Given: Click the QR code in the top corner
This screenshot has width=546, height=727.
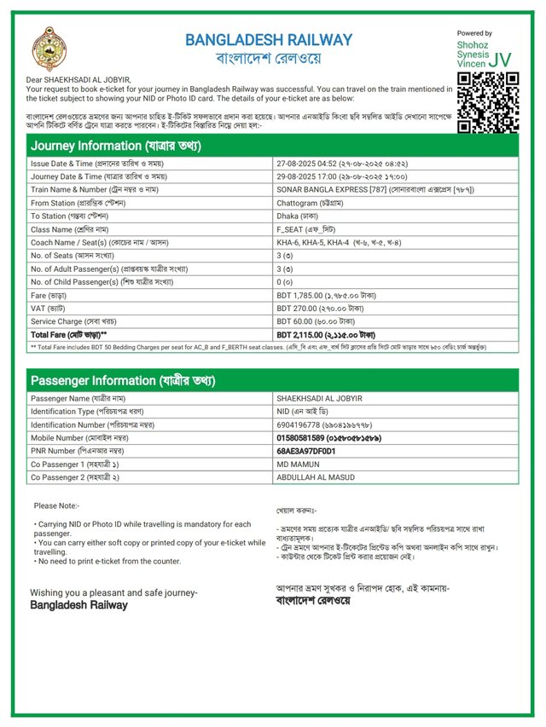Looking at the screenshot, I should pos(489,102).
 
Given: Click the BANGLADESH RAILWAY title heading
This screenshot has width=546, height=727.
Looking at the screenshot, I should pos(268,40).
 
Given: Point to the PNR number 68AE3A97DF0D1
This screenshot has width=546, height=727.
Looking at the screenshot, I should pos(305,450).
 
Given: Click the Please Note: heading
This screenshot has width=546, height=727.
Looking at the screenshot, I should pos(56,506).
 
